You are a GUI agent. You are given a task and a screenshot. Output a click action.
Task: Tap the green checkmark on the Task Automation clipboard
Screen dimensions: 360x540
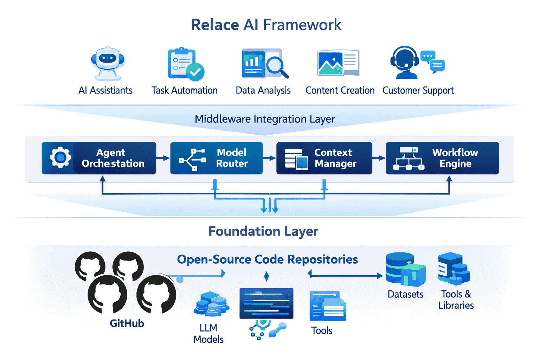pos(195,72)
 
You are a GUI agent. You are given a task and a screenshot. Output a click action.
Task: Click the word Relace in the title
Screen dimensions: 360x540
pos(215,25)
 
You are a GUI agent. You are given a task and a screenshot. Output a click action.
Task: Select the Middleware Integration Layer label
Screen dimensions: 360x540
pos(264,119)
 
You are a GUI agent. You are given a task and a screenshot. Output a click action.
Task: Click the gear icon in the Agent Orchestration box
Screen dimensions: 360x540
pos(60,157)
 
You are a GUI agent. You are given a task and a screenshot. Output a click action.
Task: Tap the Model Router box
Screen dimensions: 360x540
pos(216,158)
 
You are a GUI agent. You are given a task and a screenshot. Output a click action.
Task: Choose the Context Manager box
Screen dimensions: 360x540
pos(324,158)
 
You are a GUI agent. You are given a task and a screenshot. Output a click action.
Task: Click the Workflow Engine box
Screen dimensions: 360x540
pos(442,158)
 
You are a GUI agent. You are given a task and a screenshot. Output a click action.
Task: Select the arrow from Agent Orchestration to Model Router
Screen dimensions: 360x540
pos(163,158)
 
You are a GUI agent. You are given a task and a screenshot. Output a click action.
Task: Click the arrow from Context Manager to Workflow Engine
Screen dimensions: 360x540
pos(379,158)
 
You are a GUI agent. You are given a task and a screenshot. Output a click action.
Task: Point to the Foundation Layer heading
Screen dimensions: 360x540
pos(263,231)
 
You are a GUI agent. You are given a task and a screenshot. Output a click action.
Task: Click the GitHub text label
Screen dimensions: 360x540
pos(127,323)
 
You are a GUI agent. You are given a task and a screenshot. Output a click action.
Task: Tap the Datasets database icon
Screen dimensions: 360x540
pos(405,269)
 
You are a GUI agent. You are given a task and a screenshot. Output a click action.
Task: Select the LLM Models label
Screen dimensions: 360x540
pos(208,334)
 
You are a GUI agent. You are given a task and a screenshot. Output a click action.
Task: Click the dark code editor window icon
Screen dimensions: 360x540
pos(266,303)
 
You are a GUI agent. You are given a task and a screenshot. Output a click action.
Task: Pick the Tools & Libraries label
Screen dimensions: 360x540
pos(456,300)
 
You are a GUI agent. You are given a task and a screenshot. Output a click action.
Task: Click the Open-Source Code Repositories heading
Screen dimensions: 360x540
pos(267,259)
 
